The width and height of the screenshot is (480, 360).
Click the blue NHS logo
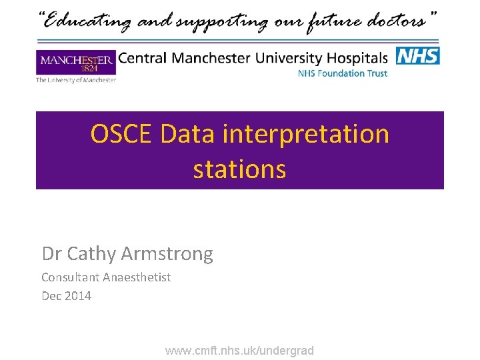coord(418,56)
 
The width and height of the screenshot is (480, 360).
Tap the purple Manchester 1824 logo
coord(76,63)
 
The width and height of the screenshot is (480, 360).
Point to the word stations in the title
coord(239,169)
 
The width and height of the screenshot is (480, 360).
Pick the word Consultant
coord(70,277)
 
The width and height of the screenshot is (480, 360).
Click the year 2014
coord(77,296)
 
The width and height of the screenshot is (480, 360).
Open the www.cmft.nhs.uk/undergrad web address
coord(239,351)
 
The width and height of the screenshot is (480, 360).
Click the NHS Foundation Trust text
coord(342,73)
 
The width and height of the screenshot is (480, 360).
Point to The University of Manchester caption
coord(76,81)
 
